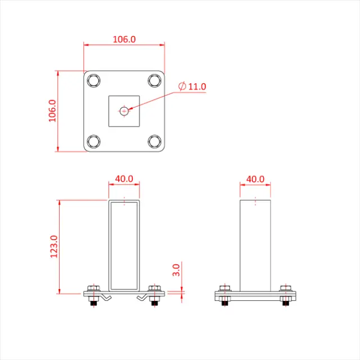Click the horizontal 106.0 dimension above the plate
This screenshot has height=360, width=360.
[x=124, y=39]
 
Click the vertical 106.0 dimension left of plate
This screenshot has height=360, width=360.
[x=52, y=111]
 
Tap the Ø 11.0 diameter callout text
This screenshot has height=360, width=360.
[x=192, y=87]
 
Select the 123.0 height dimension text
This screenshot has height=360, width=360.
[x=54, y=246]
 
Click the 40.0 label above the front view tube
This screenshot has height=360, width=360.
[x=124, y=179]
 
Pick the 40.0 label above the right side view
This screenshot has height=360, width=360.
[x=255, y=179]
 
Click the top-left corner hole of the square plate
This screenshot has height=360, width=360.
[x=94, y=80]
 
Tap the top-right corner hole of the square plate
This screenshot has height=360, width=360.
[x=154, y=80]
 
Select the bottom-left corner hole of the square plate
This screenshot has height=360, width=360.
[x=94, y=141]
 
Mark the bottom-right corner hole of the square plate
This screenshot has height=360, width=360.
[x=154, y=141]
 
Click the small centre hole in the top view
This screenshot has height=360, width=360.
[x=124, y=111]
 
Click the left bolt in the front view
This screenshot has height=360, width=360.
[x=94, y=296]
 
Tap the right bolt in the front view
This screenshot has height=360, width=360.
[x=154, y=296]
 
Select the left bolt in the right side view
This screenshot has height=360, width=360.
[x=224, y=296]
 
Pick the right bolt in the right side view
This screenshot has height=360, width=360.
[x=286, y=296]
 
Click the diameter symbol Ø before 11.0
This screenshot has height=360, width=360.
[x=182, y=87]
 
